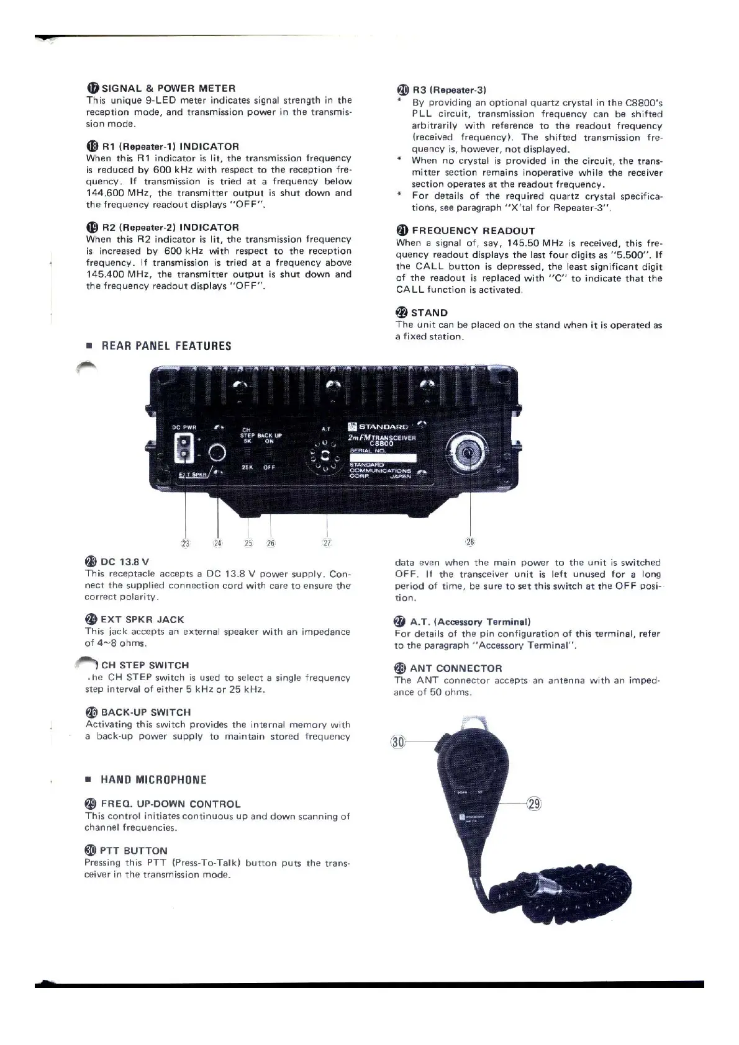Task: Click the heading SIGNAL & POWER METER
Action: tap(168, 88)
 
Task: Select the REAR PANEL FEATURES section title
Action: tap(166, 346)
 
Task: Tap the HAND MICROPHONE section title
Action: tap(153, 779)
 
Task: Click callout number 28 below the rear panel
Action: tap(470, 542)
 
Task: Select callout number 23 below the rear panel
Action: tap(185, 544)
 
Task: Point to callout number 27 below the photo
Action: tap(327, 543)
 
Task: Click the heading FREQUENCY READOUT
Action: tap(473, 231)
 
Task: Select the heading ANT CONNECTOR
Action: tap(456, 668)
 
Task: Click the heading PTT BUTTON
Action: tap(133, 851)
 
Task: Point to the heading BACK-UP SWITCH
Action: tap(145, 712)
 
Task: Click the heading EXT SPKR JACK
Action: tap(142, 619)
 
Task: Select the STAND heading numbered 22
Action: tap(428, 313)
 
